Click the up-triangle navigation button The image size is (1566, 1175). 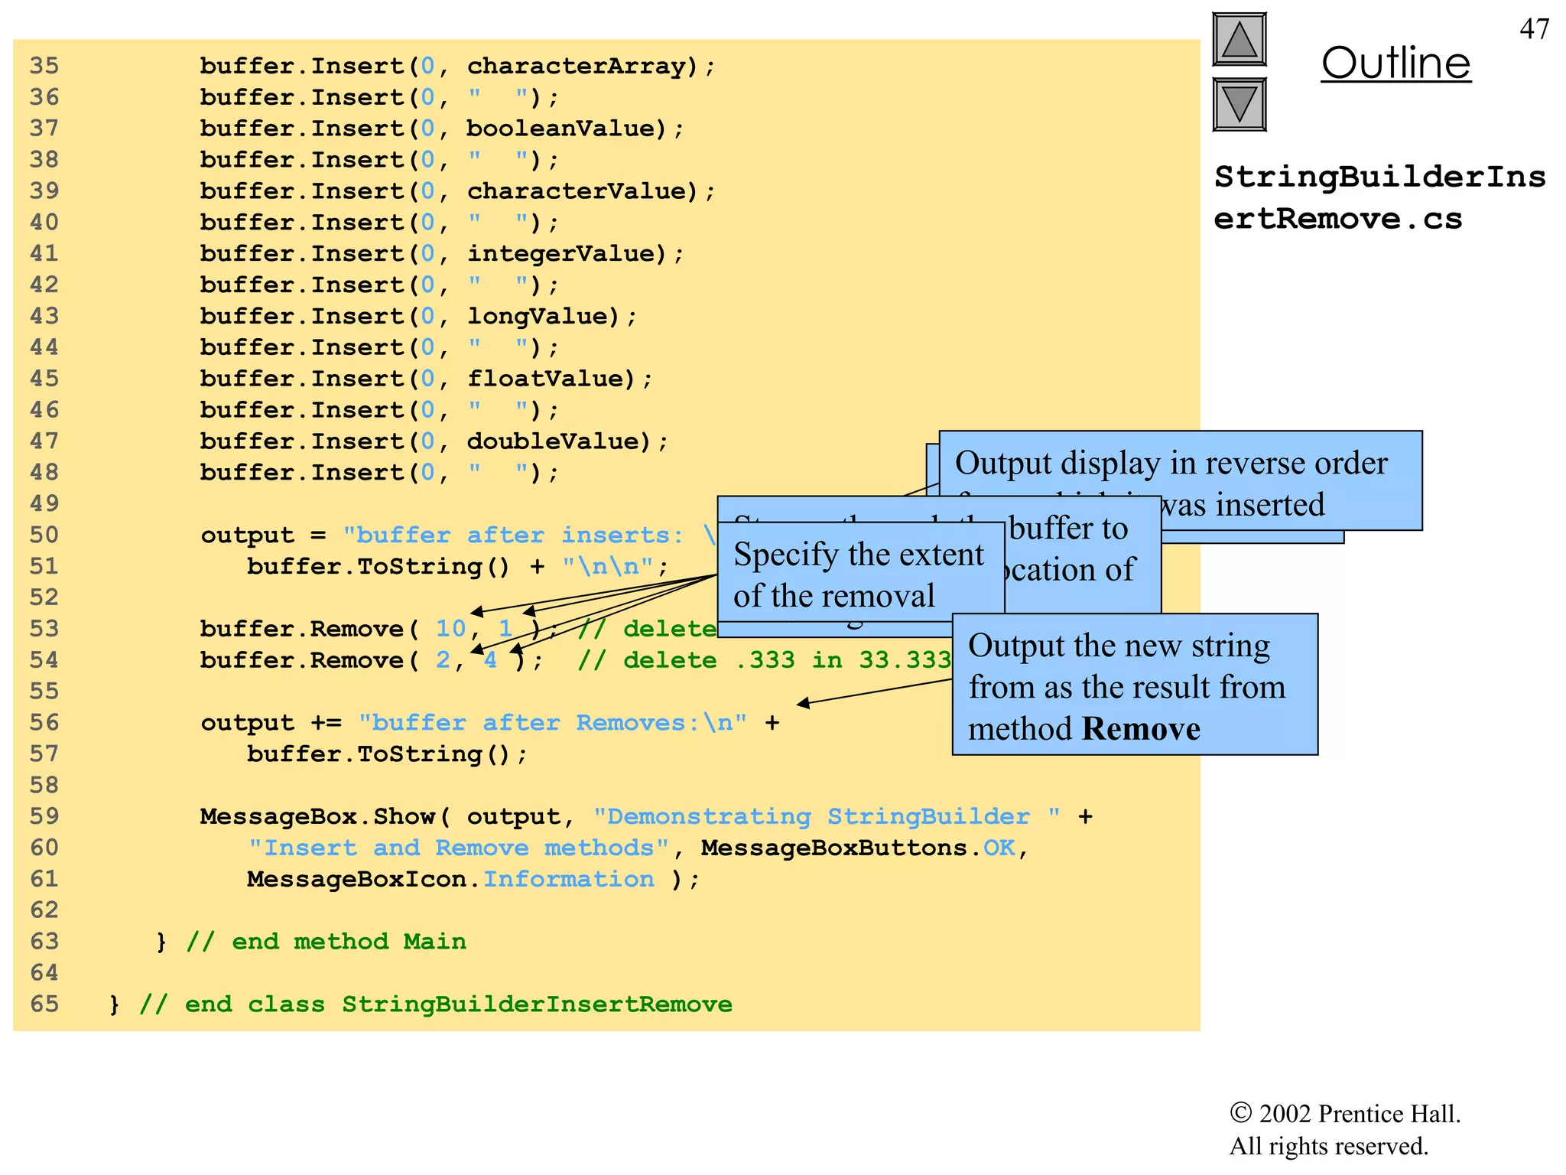[x=1239, y=40]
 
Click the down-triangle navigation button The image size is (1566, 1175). [x=1239, y=104]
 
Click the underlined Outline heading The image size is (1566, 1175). [x=1395, y=63]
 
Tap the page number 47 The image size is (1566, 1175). [x=1534, y=29]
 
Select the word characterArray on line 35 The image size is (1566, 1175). [x=577, y=66]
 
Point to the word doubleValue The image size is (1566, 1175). [x=557, y=441]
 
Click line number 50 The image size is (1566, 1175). [x=44, y=535]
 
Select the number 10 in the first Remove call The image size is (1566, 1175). [x=450, y=629]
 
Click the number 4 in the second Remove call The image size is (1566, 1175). [x=490, y=660]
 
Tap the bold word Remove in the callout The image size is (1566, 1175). [x=1141, y=729]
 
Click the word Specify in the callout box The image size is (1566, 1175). [x=785, y=555]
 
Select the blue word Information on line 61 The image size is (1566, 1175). [x=568, y=880]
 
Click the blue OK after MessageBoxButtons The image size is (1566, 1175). [x=999, y=848]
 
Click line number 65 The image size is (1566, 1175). [x=44, y=1004]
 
